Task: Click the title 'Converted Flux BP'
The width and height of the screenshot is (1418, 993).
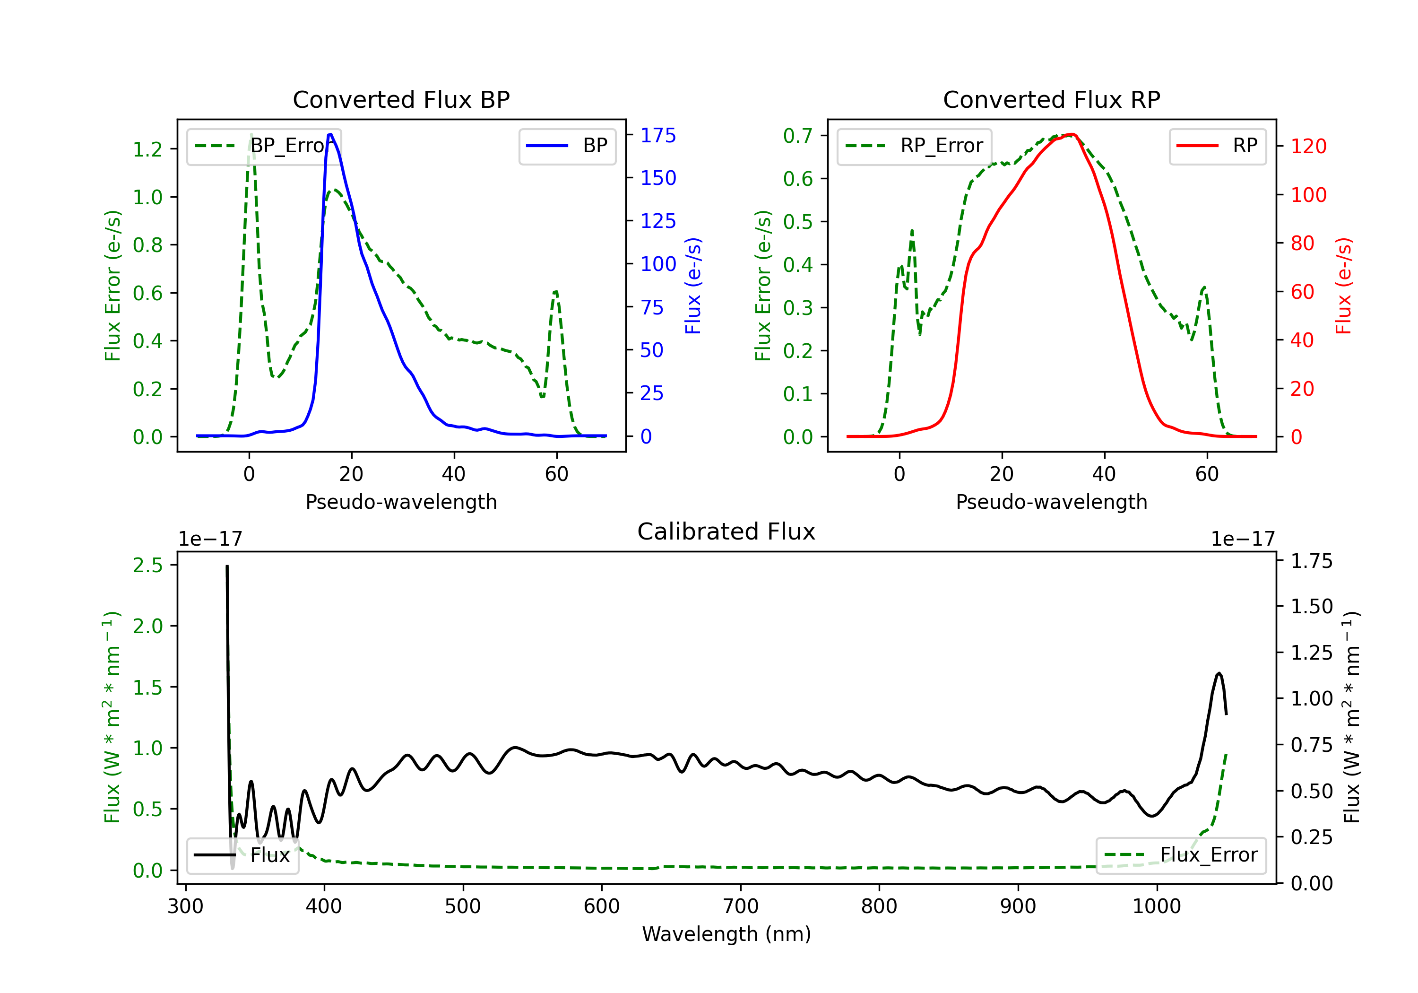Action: (401, 99)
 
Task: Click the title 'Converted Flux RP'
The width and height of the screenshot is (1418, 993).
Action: (1051, 99)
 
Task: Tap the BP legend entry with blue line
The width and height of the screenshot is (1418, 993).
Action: (567, 146)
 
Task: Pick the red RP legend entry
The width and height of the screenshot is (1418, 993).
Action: (1217, 146)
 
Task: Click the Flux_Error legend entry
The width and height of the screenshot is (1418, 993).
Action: (1180, 855)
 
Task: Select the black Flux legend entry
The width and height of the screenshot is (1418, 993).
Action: (242, 855)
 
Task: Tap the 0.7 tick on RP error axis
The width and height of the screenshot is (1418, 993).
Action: (798, 135)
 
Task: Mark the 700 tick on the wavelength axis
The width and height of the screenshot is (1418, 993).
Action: (740, 906)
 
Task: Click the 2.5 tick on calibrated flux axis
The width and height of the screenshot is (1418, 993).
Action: (147, 565)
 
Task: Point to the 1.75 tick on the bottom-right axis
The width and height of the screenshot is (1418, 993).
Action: (1312, 561)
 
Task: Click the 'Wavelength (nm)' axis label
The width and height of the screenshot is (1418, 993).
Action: (726, 934)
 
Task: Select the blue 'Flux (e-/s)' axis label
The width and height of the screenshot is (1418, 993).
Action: (693, 286)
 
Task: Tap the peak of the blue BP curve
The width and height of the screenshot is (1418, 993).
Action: (330, 134)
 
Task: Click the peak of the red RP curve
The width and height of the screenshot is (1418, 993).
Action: (1072, 134)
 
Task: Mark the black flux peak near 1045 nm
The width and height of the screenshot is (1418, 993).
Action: (1219, 673)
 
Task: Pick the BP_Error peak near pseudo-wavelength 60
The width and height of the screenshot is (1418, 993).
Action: (556, 292)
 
